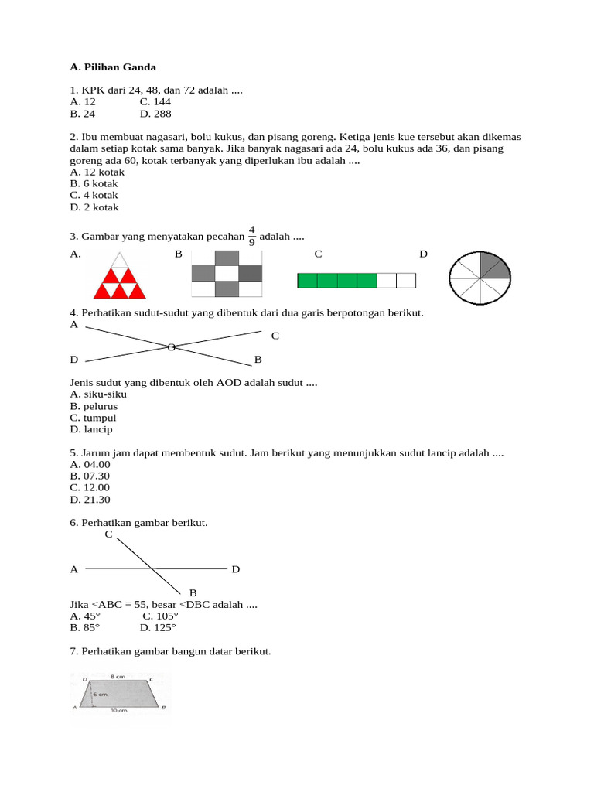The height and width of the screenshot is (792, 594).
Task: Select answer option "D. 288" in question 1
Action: [x=155, y=114]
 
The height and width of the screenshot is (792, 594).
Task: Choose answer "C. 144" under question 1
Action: [x=155, y=101]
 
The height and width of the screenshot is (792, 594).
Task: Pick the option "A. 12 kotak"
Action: [x=97, y=172]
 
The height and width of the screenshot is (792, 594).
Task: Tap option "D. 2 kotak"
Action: [x=94, y=207]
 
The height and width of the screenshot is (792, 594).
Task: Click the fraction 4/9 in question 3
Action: [x=251, y=234]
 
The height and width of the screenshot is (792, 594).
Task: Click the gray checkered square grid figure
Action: [x=227, y=274]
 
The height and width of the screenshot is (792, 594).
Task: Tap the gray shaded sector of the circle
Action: [x=493, y=265]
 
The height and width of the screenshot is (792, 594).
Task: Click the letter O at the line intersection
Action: [x=171, y=347]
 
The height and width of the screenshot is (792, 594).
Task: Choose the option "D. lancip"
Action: [x=91, y=429]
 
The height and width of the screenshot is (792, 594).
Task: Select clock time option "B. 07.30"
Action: [x=90, y=476]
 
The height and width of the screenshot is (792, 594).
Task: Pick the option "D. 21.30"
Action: [x=90, y=499]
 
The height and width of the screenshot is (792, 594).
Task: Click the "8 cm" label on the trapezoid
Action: [x=118, y=675]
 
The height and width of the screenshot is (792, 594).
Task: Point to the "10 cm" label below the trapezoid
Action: [x=118, y=709]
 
